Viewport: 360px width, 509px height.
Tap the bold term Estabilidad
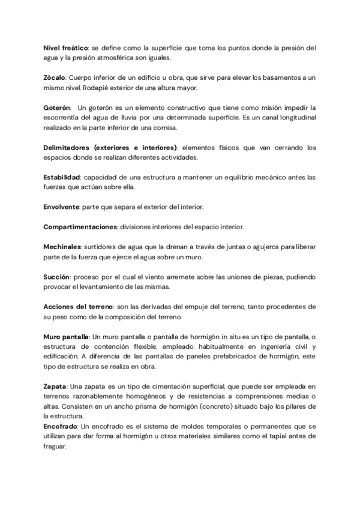coord(62,177)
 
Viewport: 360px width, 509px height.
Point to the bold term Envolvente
coord(61,207)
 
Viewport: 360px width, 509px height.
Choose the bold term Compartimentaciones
coord(80,227)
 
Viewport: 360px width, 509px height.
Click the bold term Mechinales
coord(63,247)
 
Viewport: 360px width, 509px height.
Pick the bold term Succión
coord(56,277)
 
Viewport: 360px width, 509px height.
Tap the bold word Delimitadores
coord(67,147)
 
